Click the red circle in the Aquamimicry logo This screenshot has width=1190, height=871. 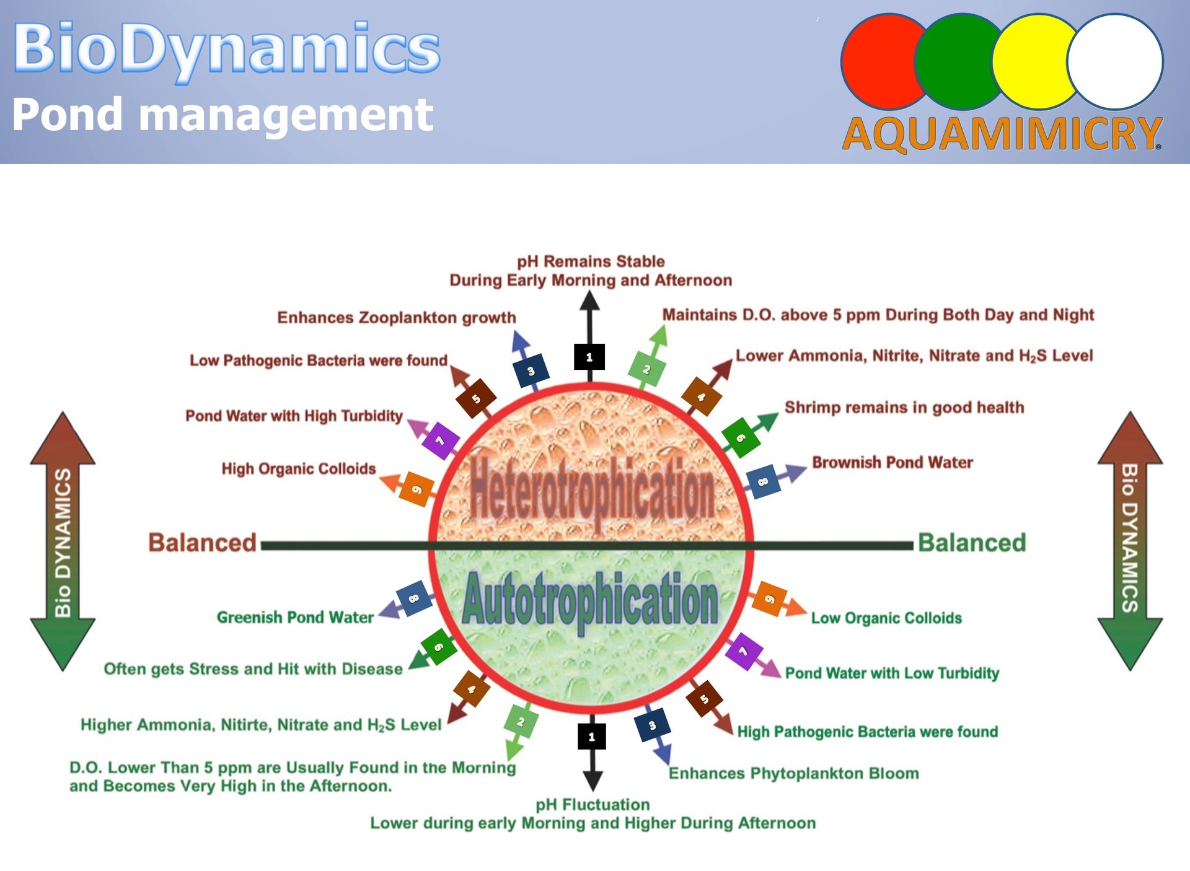coord(880,62)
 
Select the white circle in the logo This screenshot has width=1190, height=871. coord(1115,62)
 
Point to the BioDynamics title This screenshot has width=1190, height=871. coord(227,50)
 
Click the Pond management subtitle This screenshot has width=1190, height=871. coord(223,115)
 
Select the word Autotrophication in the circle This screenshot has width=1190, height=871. coord(590,600)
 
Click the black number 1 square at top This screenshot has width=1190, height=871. coord(589,357)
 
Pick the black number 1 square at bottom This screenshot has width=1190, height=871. coord(592,737)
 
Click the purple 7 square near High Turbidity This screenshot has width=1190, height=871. coord(440,440)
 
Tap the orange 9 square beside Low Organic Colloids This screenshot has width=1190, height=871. coord(769,599)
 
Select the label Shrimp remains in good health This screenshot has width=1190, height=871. coord(904,408)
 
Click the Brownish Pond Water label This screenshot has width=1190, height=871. coord(892,463)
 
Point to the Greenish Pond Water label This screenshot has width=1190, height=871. coord(295,618)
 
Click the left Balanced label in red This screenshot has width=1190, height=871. coord(202,543)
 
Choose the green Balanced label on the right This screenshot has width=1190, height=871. coord(972,543)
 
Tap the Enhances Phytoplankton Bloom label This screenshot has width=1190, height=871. coord(794,774)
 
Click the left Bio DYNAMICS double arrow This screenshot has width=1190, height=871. coord(63,541)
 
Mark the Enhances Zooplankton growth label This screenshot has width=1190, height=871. coord(397,318)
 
